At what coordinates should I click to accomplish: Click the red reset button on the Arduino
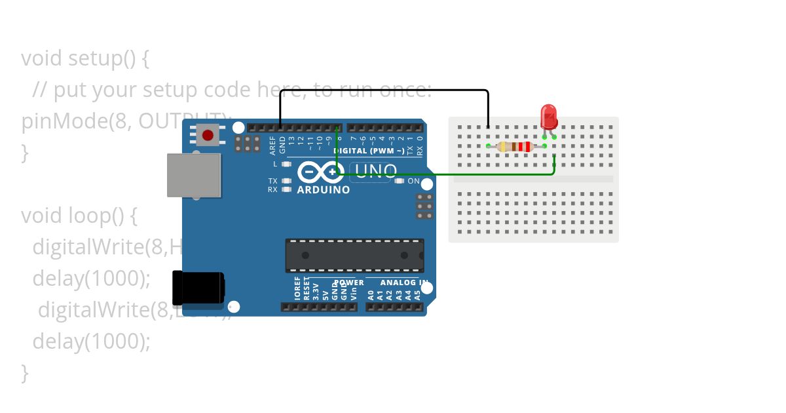pos(208,135)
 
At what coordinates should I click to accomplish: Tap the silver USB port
pos(193,175)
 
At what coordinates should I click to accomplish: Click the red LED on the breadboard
pos(548,117)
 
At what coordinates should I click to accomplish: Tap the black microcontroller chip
pos(354,256)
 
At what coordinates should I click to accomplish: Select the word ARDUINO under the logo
pos(324,190)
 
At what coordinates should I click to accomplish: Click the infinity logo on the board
pos(321,172)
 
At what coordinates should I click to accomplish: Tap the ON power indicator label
pos(413,181)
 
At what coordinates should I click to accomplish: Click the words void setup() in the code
pos(85,58)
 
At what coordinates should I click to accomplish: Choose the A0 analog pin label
pos(371,295)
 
